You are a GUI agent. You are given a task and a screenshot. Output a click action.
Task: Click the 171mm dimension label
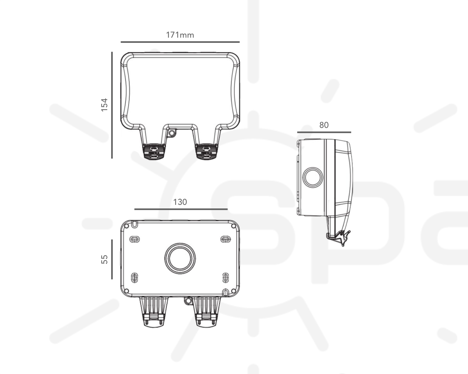click(180, 35)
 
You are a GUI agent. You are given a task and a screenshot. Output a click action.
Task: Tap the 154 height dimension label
click(104, 105)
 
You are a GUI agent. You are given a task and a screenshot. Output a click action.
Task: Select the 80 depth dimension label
click(324, 125)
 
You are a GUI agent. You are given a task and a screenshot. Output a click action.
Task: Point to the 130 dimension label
click(180, 202)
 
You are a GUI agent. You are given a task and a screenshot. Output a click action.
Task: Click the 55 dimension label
click(104, 259)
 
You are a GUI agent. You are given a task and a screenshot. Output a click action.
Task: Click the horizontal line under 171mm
click(180, 42)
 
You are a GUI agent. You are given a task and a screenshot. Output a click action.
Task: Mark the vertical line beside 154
click(112, 105)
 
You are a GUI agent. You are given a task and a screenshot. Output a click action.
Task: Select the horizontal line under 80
click(324, 132)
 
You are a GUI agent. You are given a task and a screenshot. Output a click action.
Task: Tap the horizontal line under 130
click(181, 209)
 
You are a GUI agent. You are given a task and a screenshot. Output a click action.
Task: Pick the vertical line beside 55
click(112, 259)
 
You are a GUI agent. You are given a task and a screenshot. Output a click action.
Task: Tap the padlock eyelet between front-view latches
click(171, 133)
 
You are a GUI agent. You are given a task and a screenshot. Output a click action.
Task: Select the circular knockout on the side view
click(313, 177)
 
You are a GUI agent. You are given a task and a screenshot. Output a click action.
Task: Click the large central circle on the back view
click(180, 258)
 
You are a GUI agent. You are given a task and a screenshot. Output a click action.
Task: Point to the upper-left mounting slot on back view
click(135, 239)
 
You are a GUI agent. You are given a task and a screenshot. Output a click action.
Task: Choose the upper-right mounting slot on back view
click(225, 239)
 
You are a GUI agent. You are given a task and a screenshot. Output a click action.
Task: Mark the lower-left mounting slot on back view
click(135, 278)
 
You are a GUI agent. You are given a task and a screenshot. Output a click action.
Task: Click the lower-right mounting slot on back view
click(225, 278)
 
